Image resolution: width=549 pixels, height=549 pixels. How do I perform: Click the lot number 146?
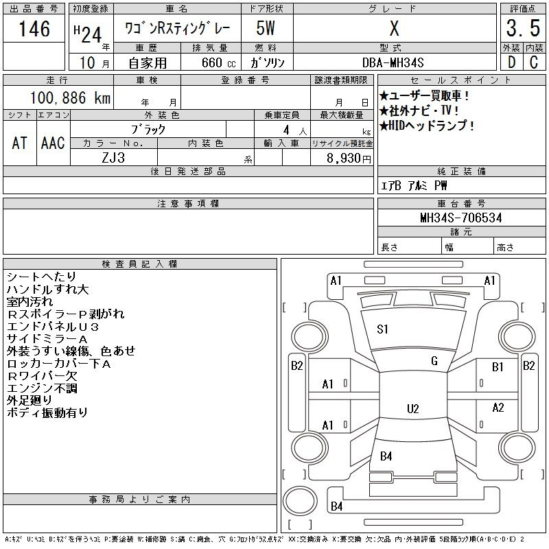tap(34, 29)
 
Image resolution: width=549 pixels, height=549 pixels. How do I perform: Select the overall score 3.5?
tap(523, 28)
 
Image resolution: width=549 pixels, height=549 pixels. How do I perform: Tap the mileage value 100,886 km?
tap(70, 98)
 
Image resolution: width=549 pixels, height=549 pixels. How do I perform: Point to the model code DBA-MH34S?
tap(393, 63)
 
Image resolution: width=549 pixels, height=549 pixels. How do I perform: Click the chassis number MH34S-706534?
tap(461, 218)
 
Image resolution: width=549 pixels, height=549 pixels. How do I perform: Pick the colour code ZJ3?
tap(113, 158)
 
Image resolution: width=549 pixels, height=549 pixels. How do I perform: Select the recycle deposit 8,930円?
tap(349, 159)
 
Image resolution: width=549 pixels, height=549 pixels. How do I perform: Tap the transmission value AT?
tap(20, 143)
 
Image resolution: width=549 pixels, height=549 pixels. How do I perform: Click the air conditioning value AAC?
tap(53, 143)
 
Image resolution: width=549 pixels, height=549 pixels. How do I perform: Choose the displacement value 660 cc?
tap(219, 63)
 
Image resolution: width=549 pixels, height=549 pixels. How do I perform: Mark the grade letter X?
tap(394, 28)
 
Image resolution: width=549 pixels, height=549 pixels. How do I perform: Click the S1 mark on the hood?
tap(382, 329)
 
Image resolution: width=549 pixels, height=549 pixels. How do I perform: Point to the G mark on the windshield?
tap(434, 361)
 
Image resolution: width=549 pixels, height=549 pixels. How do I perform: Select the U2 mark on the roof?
tap(413, 409)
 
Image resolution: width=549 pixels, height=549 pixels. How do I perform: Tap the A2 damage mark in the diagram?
tap(498, 408)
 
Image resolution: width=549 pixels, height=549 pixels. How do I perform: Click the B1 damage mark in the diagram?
tap(498, 367)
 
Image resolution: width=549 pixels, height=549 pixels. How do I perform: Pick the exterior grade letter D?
tap(511, 62)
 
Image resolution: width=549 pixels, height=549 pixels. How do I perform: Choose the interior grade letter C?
tap(534, 62)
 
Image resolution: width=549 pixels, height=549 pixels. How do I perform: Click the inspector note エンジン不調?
tap(42, 388)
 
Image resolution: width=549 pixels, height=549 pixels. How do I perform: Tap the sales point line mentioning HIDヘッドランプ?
tap(427, 126)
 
